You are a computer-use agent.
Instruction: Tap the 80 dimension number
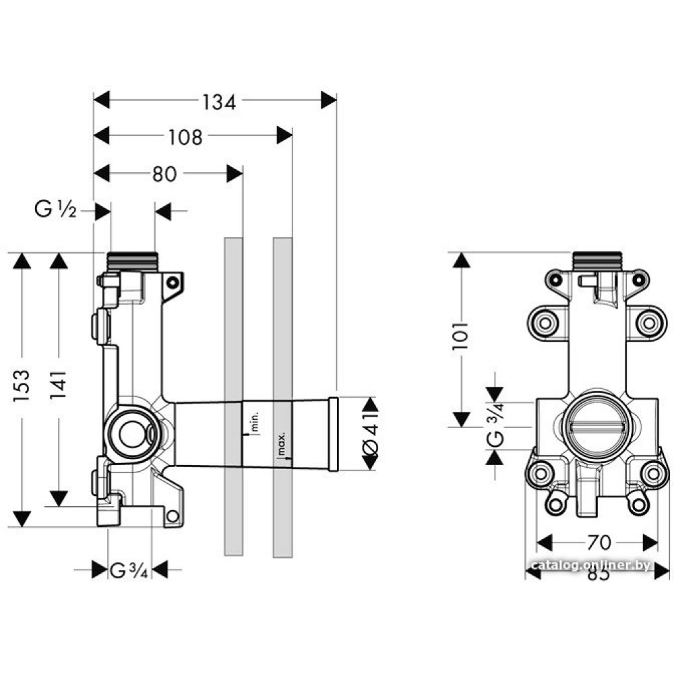pyautogui.click(x=164, y=175)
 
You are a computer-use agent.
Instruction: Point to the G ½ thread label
pyautogui.click(x=57, y=211)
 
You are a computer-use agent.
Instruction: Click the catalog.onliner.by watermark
pyautogui.click(x=590, y=565)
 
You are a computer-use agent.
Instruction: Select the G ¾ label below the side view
pyautogui.click(x=129, y=571)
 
